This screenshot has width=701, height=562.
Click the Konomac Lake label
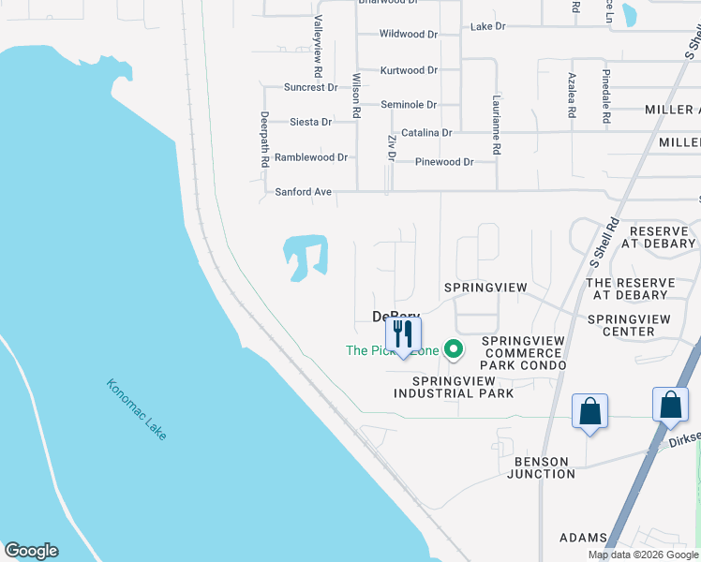tap(136, 410)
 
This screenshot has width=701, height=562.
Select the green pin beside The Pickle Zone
tap(455, 350)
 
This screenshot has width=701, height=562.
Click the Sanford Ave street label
tap(303, 192)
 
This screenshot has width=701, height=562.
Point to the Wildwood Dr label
tap(409, 34)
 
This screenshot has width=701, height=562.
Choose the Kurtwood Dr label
tap(409, 70)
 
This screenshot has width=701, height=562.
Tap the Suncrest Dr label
tap(310, 87)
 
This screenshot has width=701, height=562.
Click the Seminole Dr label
tap(409, 105)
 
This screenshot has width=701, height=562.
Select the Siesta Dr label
tap(310, 122)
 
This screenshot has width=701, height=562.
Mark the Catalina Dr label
tap(426, 133)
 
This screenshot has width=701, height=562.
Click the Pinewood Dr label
tap(444, 162)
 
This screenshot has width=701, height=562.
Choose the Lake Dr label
tap(487, 26)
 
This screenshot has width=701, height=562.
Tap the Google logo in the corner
tap(31, 551)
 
